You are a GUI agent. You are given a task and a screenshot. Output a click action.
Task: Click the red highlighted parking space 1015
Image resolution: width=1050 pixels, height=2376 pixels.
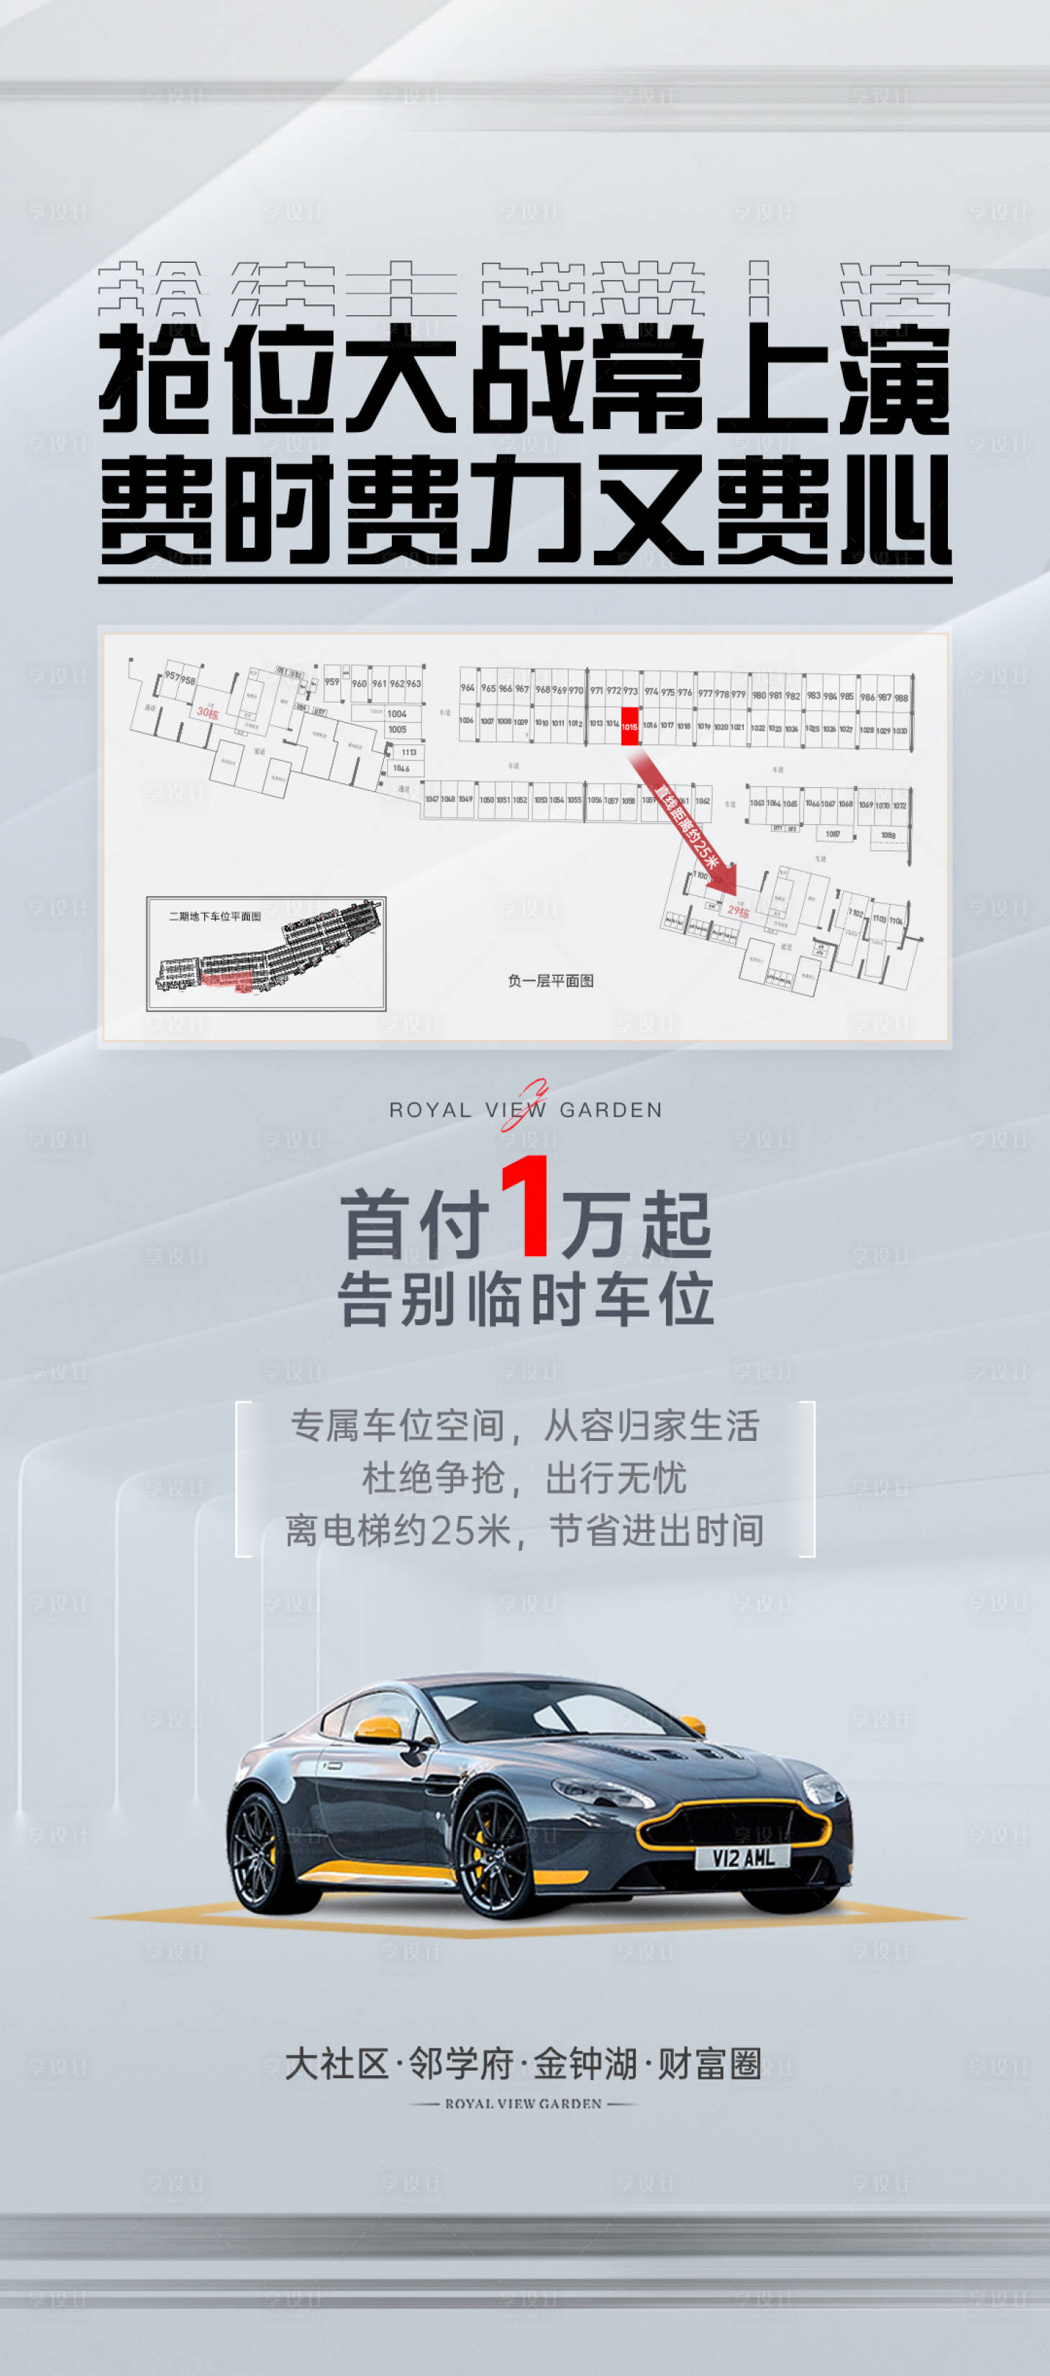click(x=629, y=726)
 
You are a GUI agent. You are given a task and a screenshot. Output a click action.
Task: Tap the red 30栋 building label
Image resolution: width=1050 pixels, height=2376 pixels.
click(x=207, y=713)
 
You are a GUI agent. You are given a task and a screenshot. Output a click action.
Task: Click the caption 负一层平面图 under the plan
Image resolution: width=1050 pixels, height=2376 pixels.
click(x=550, y=980)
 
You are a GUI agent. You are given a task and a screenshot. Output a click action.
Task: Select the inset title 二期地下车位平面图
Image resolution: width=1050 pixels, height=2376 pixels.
click(x=215, y=916)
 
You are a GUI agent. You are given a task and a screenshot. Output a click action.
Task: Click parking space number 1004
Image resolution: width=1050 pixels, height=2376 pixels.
click(x=396, y=714)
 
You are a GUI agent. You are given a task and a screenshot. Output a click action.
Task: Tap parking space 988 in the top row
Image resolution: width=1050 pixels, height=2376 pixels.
click(x=900, y=697)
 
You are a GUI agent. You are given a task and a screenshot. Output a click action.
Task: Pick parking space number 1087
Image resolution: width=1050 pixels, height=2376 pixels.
click(x=832, y=834)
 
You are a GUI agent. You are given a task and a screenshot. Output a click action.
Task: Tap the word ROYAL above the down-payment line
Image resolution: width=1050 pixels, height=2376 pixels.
click(x=431, y=1111)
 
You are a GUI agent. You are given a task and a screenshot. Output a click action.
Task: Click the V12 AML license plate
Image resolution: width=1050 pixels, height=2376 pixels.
click(x=743, y=1857)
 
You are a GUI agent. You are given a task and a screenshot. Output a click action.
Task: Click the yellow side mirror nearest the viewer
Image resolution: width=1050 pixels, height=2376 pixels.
click(x=379, y=1727)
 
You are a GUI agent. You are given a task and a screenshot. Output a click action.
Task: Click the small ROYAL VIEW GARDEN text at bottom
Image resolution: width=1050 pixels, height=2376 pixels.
click(x=524, y=2104)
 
